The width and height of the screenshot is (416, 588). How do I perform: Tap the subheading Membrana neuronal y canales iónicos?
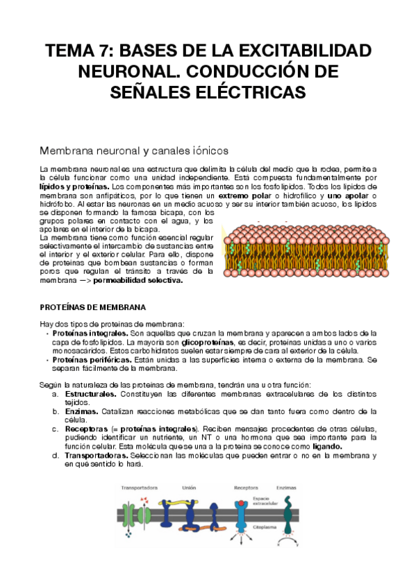133,150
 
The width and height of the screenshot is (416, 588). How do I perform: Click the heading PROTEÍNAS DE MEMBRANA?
92,306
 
